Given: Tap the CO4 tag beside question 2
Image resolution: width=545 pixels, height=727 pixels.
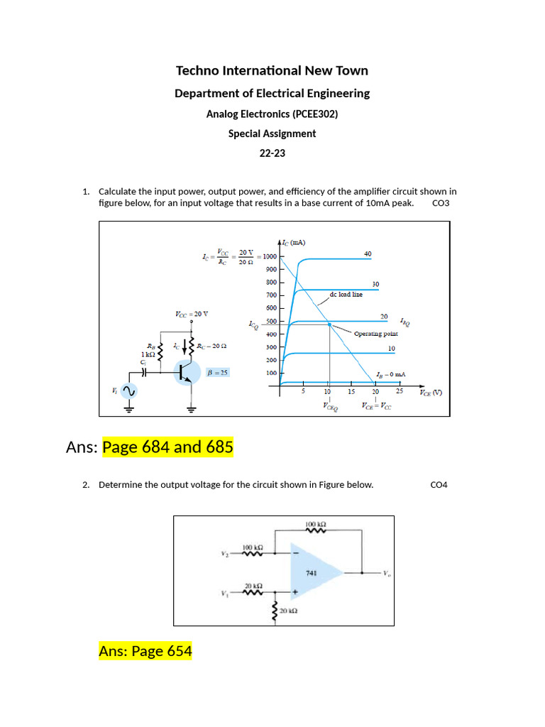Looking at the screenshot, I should click(x=439, y=485).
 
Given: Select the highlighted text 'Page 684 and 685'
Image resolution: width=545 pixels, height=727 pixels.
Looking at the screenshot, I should click(x=167, y=447).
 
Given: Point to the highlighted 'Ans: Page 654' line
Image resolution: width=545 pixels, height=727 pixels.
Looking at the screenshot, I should click(x=145, y=650).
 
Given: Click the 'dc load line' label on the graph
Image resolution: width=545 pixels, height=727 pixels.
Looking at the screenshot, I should click(x=346, y=294).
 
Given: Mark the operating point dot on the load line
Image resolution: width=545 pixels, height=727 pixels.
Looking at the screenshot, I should click(x=329, y=324).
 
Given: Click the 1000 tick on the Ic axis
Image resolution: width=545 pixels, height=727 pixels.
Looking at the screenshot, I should click(x=270, y=256).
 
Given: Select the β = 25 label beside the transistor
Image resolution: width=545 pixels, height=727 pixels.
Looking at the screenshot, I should click(x=216, y=372).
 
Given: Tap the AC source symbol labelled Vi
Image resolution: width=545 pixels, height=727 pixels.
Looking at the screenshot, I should click(x=130, y=391).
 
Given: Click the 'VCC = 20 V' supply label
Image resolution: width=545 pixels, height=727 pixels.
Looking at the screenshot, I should click(x=191, y=314).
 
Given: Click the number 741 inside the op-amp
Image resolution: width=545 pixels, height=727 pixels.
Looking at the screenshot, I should click(x=311, y=572).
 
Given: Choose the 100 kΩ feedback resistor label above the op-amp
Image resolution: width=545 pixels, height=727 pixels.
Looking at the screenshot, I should click(x=315, y=525).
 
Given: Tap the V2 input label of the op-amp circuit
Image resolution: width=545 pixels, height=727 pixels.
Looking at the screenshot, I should click(x=225, y=553).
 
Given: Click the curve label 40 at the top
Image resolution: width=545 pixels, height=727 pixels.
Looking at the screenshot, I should click(x=368, y=253).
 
